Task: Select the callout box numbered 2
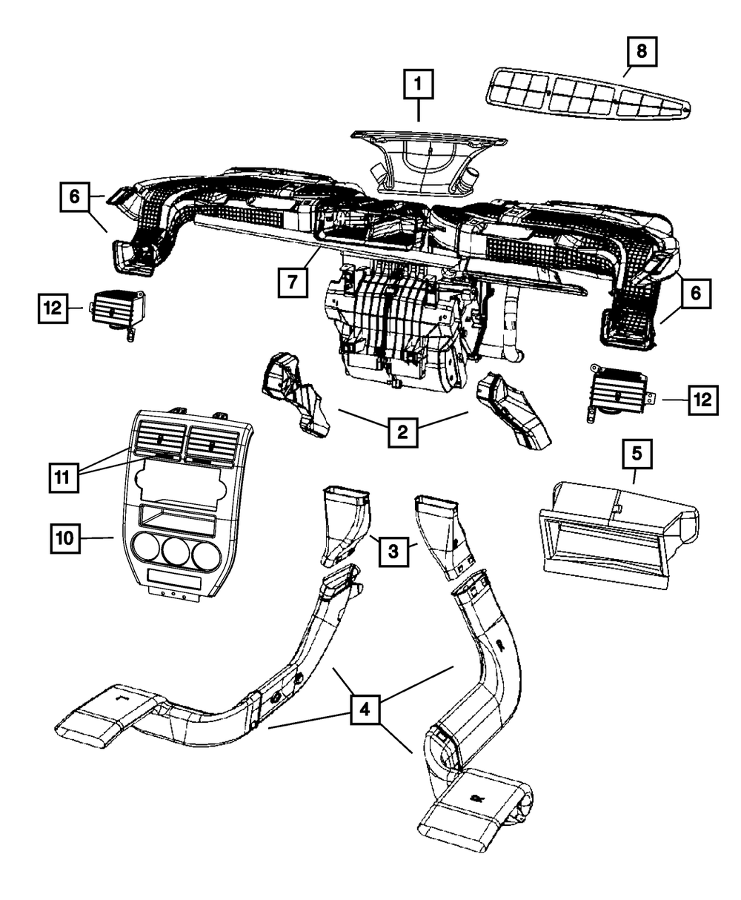[x=402, y=431]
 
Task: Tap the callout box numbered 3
[x=395, y=549]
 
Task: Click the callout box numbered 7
[x=293, y=282]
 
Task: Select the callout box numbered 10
[x=64, y=537]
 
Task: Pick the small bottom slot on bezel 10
[x=174, y=577]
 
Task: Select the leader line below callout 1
[x=418, y=112]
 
